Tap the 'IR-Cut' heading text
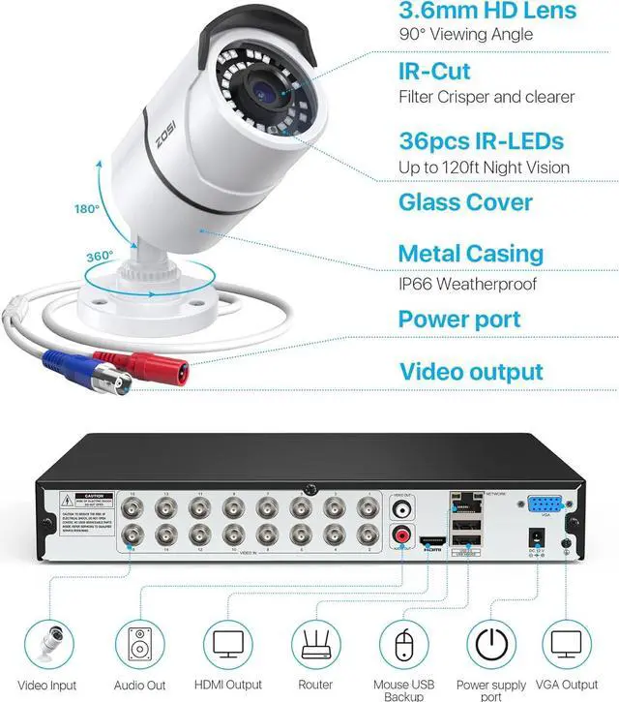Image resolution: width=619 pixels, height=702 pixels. (x=435, y=71)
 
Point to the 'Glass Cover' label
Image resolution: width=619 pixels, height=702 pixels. (x=465, y=202)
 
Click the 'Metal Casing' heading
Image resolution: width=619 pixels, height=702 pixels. (x=485, y=255)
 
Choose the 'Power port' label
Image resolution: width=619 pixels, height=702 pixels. (x=459, y=320)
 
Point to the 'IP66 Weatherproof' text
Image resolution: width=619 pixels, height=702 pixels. (x=467, y=285)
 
